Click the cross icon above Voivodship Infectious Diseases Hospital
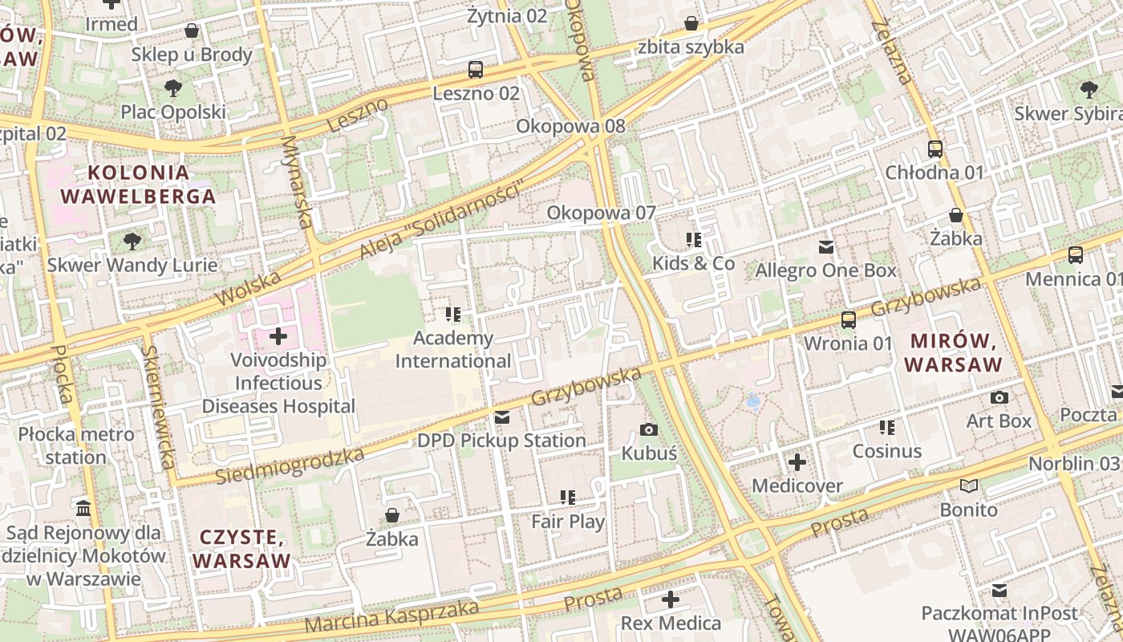coord(278,335)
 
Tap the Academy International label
coord(453,350)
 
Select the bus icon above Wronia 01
coord(848,320)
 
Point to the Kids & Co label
coord(693,263)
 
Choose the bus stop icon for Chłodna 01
coord(934,148)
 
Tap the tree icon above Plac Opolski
coord(172,88)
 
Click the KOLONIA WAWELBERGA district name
coord(138,185)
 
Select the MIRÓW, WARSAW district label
coord(954,352)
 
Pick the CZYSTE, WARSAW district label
coord(241,549)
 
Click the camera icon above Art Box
coord(999,397)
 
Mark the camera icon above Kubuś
coord(649,429)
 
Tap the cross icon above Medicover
coord(797,462)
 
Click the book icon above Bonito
coord(969,486)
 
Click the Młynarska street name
coord(296,181)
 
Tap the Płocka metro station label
coord(76,446)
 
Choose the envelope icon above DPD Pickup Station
coord(502,416)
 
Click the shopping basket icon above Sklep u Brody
coord(192,30)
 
